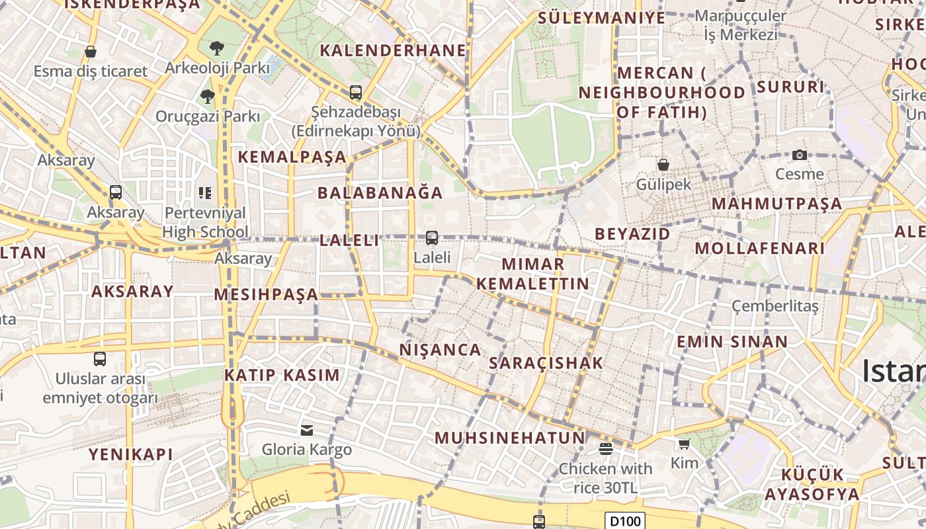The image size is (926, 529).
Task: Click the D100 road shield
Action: click(625, 521)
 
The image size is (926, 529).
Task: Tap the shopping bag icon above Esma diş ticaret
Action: click(91, 52)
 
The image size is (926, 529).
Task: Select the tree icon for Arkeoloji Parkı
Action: click(216, 48)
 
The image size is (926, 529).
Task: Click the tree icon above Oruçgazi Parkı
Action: click(208, 97)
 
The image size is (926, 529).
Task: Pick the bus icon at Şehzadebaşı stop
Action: click(356, 93)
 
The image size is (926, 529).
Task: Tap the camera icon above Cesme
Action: click(800, 155)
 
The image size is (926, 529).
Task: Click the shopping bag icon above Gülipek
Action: click(663, 164)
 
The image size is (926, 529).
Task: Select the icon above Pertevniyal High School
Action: click(205, 193)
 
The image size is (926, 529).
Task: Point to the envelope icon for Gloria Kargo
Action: click(307, 430)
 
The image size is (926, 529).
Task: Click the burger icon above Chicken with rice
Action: click(605, 449)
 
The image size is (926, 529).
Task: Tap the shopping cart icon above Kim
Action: click(684, 444)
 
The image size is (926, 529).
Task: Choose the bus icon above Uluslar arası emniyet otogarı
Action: click(100, 359)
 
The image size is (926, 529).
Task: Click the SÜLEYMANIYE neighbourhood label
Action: click(601, 18)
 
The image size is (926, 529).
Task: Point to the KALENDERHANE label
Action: click(393, 50)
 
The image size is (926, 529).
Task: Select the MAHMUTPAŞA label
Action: click(777, 204)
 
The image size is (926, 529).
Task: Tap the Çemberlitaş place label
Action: click(775, 306)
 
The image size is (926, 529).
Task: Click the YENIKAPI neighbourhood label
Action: click(131, 454)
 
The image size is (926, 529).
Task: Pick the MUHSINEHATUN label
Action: click(510, 438)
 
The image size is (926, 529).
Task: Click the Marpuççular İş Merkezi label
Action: click(741, 25)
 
